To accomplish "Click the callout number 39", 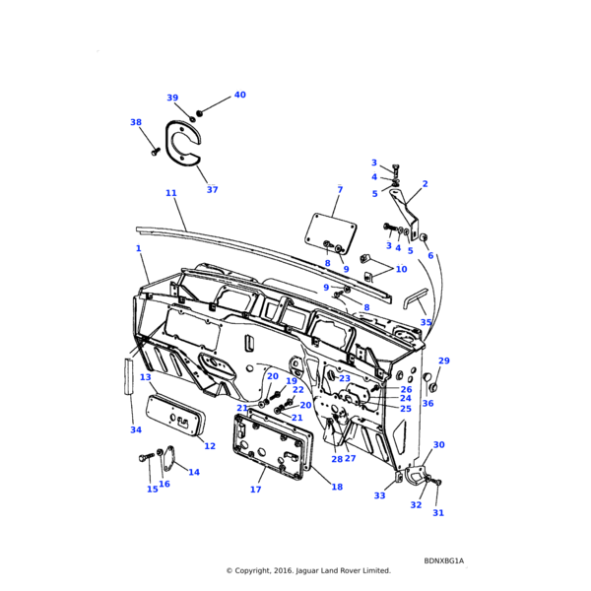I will [172, 98].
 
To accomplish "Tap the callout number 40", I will [239, 96].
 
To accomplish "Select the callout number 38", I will [136, 122].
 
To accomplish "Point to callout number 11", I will [170, 193].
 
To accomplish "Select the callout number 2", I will [425, 184].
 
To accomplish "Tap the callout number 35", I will [426, 322].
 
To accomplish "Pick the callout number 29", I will [443, 361].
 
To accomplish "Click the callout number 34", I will [135, 429].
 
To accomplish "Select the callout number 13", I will [145, 377].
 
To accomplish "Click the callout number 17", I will [256, 490].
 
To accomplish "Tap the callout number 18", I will [337, 487].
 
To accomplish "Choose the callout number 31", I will [438, 512].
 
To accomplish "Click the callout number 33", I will [379, 495].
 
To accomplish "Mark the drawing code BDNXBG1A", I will [444, 560].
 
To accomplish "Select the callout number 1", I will [139, 248].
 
